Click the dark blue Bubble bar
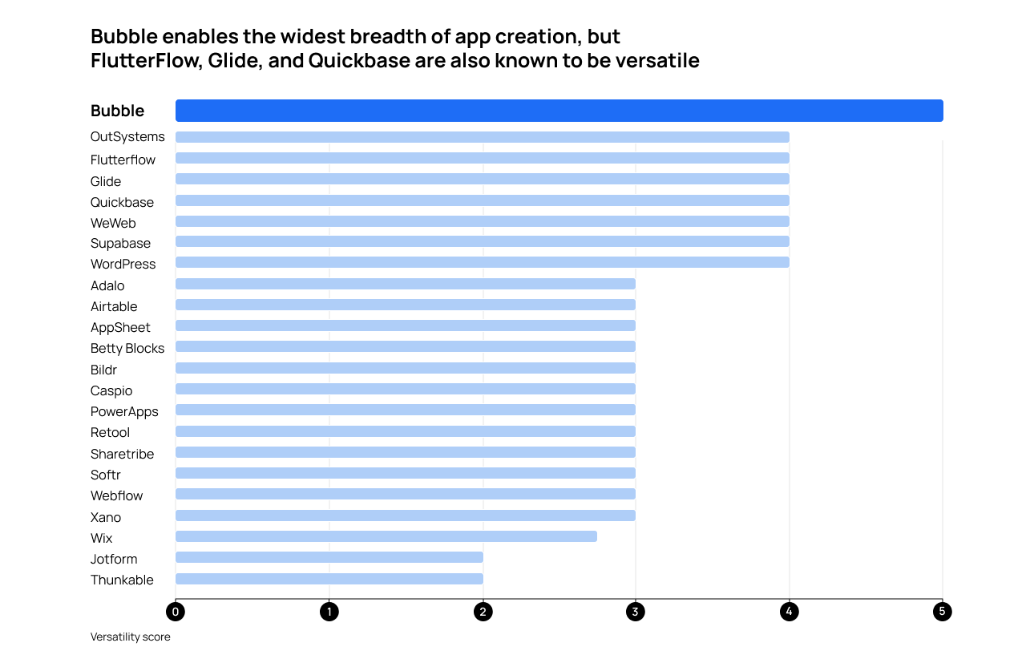(559, 111)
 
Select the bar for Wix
(386, 536)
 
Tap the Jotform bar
(329, 557)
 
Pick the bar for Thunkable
(329, 579)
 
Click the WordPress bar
(482, 262)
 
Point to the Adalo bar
(405, 284)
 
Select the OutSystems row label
(127, 137)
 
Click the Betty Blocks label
(127, 348)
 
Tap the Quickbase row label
(122, 202)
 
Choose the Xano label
(106, 517)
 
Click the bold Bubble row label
(117, 111)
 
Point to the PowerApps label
(124, 411)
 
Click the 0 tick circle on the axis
(176, 612)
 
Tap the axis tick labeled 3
(636, 612)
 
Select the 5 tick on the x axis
(942, 612)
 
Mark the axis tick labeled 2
(483, 612)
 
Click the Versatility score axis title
(130, 637)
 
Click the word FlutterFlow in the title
(145, 61)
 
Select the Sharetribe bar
(405, 452)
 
